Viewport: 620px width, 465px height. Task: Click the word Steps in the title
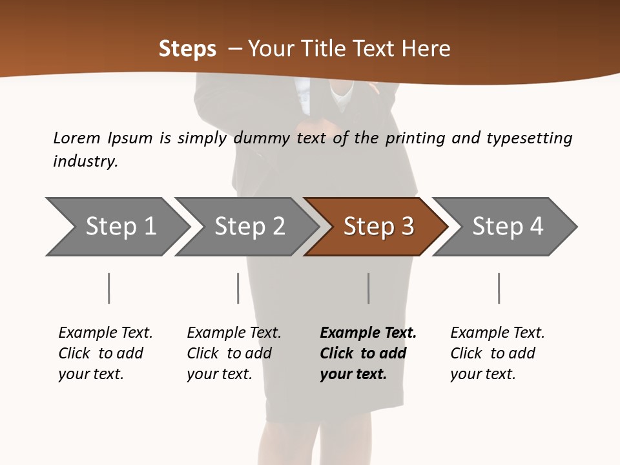point(187,49)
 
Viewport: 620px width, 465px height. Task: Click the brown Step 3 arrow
point(378,227)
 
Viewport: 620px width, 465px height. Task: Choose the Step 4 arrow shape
point(508,227)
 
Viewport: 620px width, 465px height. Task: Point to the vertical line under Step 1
point(108,288)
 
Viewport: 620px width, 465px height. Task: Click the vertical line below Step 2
point(238,288)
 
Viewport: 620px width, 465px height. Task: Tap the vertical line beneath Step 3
point(368,288)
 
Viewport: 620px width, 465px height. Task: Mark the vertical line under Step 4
point(499,288)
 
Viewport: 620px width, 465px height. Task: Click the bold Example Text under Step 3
point(368,333)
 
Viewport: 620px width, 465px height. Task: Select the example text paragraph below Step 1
point(105,353)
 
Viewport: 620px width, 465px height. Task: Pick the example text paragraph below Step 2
point(234,353)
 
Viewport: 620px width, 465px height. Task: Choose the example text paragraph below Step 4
point(497,353)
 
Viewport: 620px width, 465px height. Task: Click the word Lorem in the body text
point(77,138)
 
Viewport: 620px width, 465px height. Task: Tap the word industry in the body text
point(85,161)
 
